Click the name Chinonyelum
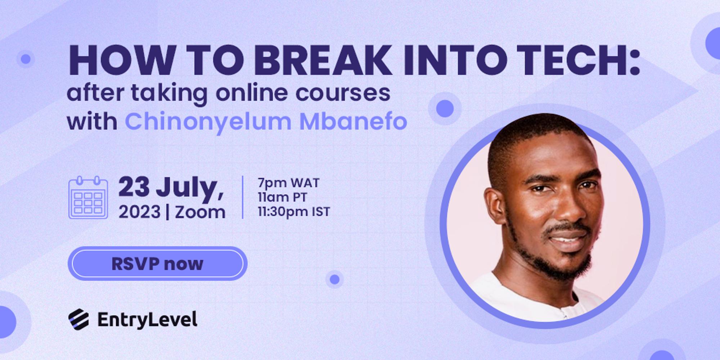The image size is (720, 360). click(x=208, y=121)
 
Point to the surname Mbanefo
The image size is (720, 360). click(x=353, y=121)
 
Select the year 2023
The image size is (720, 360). click(x=139, y=212)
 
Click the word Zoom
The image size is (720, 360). click(x=200, y=212)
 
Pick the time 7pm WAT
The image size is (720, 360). click(x=288, y=183)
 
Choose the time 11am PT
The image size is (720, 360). click(x=283, y=197)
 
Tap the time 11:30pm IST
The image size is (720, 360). click(x=294, y=212)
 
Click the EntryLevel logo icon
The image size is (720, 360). click(x=78, y=319)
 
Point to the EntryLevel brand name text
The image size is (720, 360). click(x=147, y=320)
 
